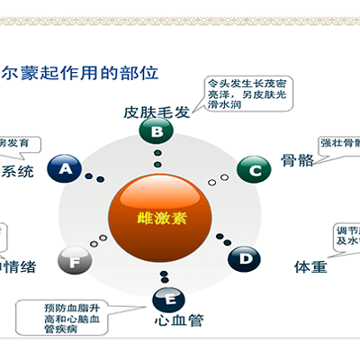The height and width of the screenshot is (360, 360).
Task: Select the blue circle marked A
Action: point(66,167)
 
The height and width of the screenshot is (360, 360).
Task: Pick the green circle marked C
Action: point(255,168)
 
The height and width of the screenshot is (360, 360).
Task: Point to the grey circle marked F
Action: point(75,262)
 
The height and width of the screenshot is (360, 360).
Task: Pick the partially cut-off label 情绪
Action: point(17,267)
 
